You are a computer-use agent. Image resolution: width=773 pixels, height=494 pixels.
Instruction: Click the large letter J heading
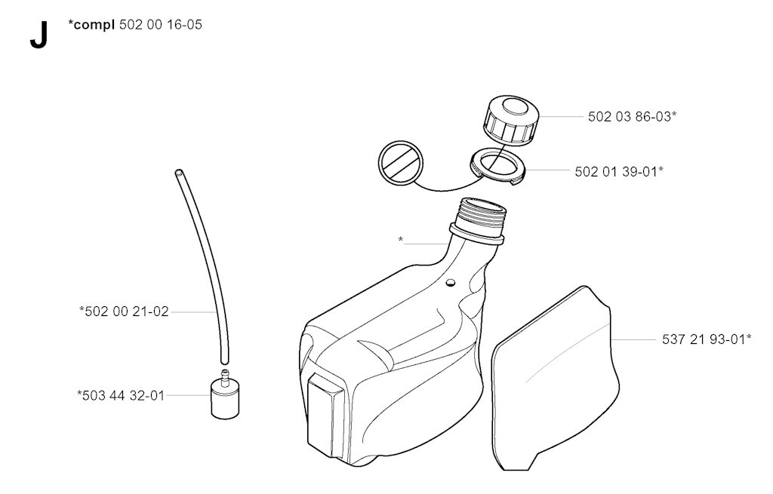point(39,36)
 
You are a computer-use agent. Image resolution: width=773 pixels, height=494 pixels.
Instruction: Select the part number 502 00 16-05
point(161,25)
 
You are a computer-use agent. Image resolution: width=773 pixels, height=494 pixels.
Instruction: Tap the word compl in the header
point(94,25)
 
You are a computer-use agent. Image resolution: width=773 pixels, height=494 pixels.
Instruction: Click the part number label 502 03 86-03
point(630,117)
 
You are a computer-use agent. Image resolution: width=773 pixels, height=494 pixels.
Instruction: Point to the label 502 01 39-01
point(616,171)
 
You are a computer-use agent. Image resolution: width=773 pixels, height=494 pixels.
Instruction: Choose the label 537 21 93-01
point(704,339)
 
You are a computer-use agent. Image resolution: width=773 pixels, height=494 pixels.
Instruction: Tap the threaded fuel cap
point(511,121)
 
